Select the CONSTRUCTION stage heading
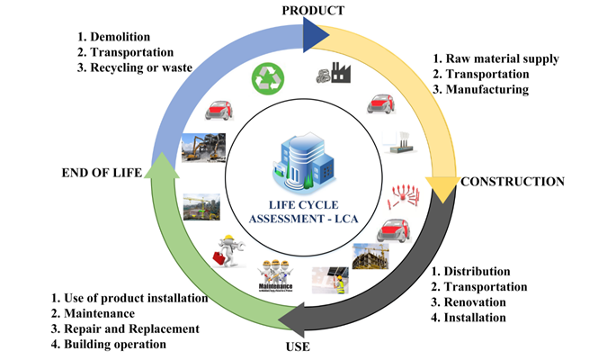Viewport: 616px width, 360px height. (512, 182)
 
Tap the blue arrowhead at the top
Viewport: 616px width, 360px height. (315, 34)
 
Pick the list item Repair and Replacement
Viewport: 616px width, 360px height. (131, 328)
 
